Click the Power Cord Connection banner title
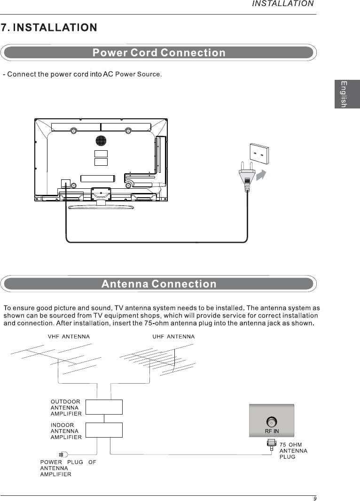[159, 53]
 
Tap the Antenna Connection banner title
[159, 284]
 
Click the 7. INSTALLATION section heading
[49, 28]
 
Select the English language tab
[347, 94]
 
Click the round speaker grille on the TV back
[101, 140]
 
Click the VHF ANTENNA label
[69, 337]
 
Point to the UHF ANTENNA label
[173, 337]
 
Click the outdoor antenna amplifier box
[104, 407]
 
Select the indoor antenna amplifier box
[104, 430]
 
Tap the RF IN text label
[271, 431]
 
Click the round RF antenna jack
[271, 422]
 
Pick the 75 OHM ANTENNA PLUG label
[293, 451]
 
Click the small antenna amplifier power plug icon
[63, 454]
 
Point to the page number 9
[315, 498]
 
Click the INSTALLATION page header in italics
[283, 4]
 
